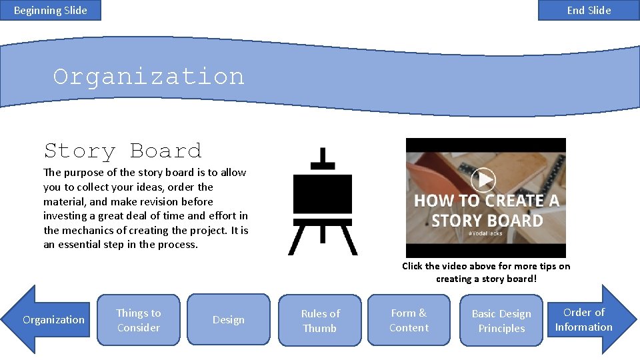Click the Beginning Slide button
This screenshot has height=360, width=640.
[51, 10]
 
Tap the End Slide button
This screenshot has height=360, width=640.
[589, 10]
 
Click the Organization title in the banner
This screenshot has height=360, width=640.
[149, 77]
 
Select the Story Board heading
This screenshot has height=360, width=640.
[123, 151]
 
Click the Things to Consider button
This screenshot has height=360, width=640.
[139, 320]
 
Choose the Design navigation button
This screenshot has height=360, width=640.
[228, 320]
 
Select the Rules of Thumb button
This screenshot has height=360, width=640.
[320, 321]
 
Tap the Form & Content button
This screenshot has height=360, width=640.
[409, 320]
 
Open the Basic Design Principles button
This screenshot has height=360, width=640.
[501, 321]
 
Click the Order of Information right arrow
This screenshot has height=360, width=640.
[584, 319]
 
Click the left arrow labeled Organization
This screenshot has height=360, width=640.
[53, 320]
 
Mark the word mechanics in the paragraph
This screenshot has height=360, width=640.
[87, 230]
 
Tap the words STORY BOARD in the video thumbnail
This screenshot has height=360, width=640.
[487, 221]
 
